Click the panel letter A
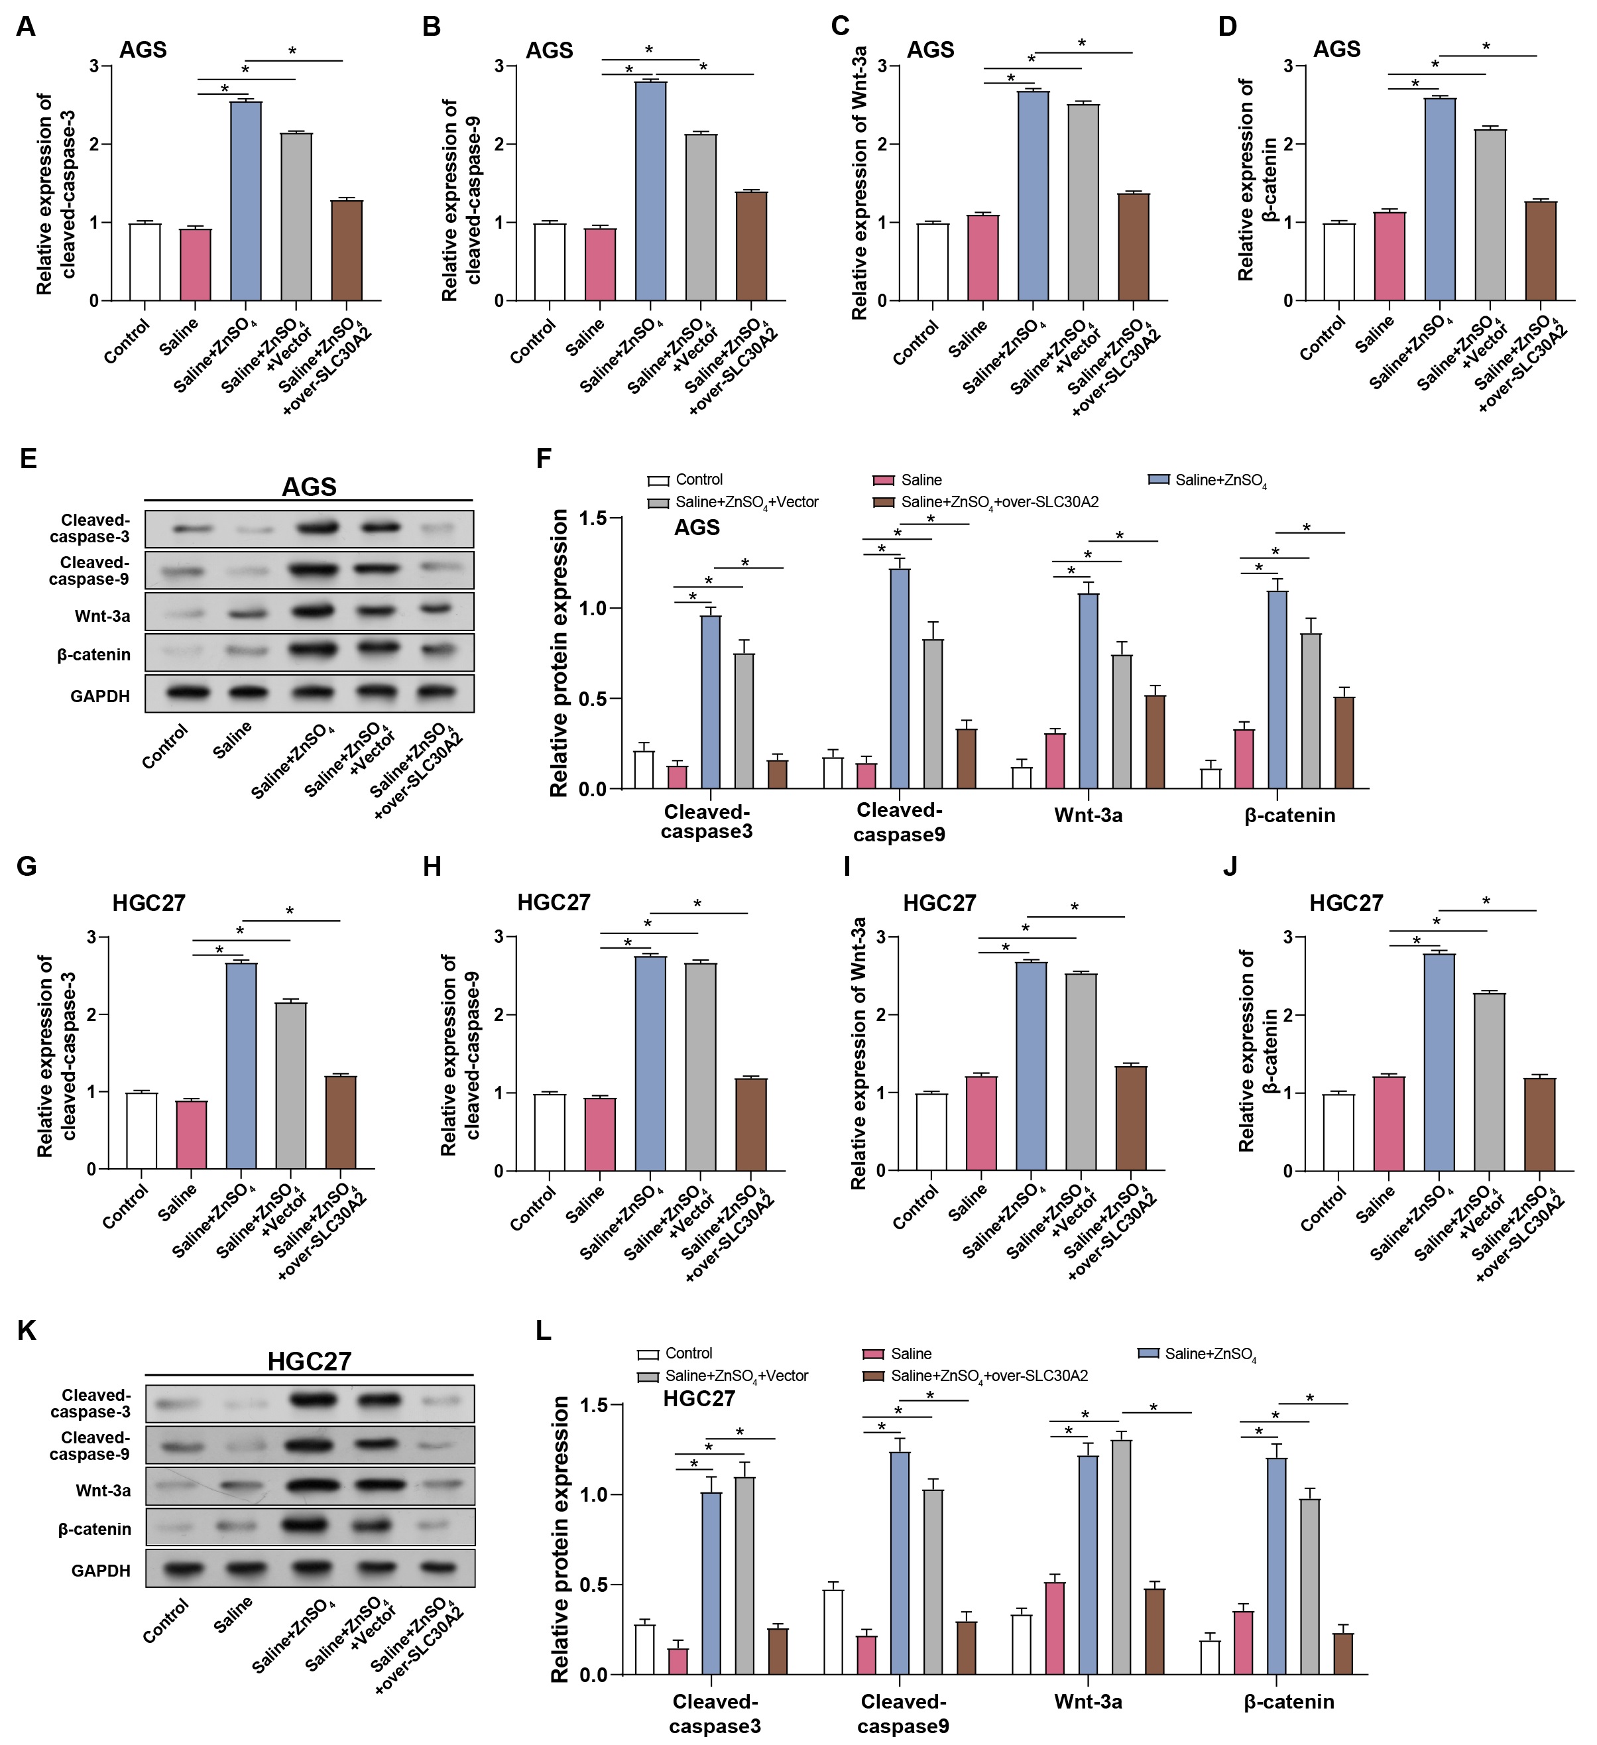tap(26, 26)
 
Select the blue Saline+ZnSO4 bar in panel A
tap(246, 201)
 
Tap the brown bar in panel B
tap(751, 246)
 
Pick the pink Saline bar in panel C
tap(982, 257)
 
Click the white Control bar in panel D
tap(1339, 261)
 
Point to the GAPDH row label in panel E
tap(99, 696)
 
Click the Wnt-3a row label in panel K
tap(103, 1490)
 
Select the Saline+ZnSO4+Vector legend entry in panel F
tap(746, 502)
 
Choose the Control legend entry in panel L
tap(688, 1353)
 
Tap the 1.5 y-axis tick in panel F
tap(592, 518)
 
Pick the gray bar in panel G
tap(291, 1085)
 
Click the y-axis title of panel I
tap(858, 1053)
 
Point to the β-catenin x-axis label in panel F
tap(1289, 815)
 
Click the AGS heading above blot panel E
tap(309, 487)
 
